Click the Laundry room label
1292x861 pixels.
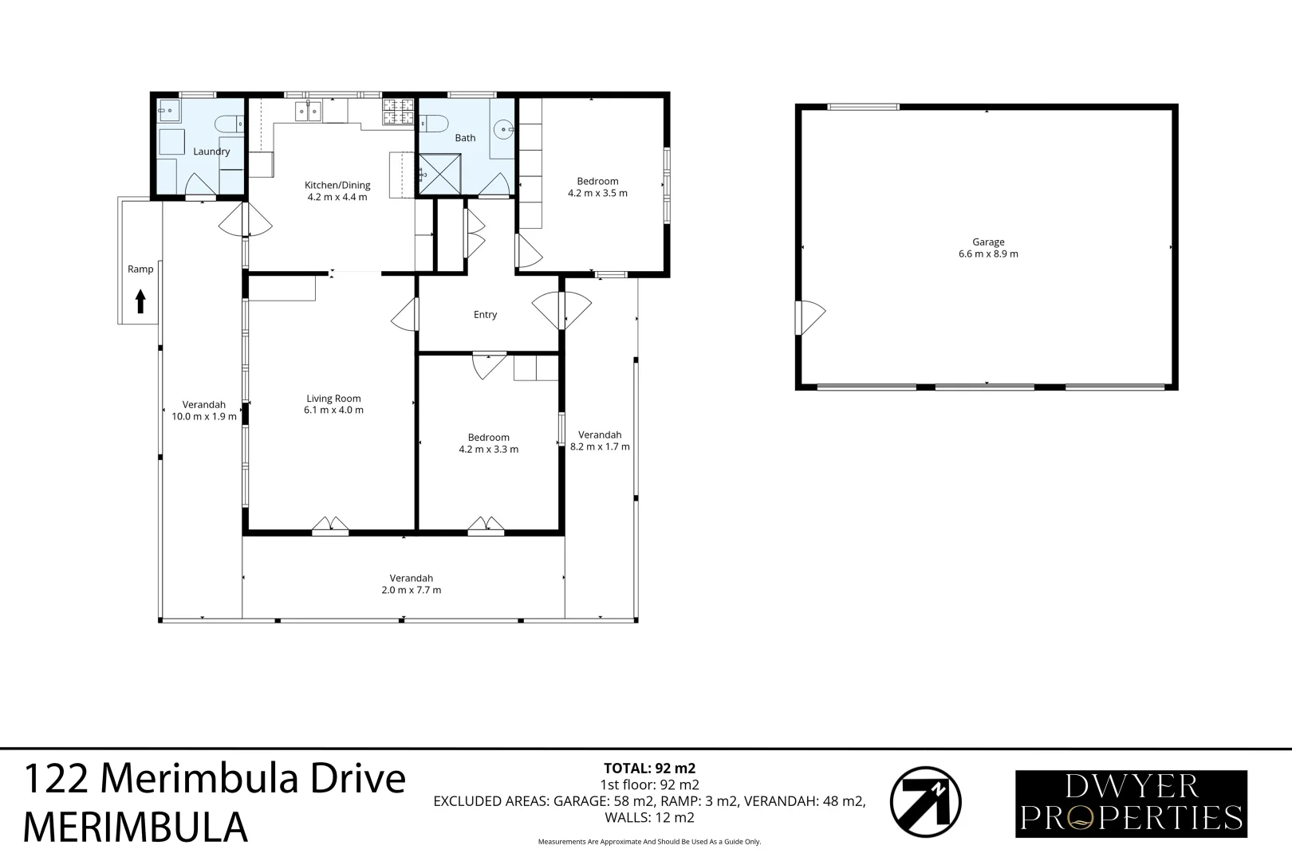click(x=211, y=151)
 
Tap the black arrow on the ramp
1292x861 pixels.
click(x=140, y=301)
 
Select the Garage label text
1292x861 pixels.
click(x=988, y=242)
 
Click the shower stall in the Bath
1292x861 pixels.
click(x=439, y=174)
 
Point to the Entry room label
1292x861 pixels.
click(x=485, y=315)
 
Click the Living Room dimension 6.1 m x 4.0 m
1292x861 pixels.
click(x=333, y=411)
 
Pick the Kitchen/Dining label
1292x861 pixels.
click(x=337, y=185)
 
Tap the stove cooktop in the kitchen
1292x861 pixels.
click(x=398, y=112)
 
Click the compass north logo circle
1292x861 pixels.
click(x=925, y=802)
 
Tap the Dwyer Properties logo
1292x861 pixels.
click(x=1131, y=804)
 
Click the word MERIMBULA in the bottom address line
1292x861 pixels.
click(x=135, y=827)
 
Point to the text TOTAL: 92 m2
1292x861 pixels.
click(x=649, y=769)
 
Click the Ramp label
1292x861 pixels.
click(x=140, y=269)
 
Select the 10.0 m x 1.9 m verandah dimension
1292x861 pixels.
click(x=204, y=416)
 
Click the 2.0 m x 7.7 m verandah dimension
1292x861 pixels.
click(x=412, y=591)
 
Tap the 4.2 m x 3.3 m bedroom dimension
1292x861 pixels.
click(x=488, y=450)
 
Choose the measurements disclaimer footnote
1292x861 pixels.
click(x=649, y=842)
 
